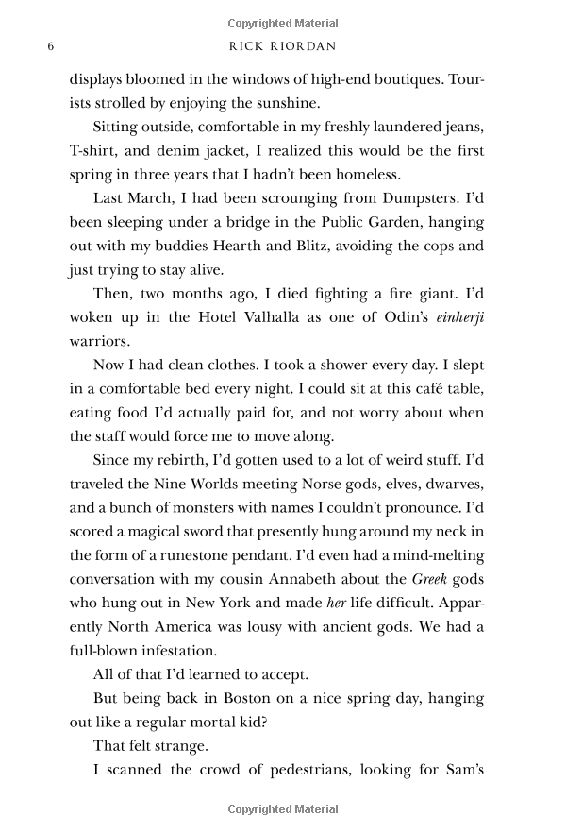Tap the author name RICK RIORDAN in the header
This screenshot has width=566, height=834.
(x=283, y=46)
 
